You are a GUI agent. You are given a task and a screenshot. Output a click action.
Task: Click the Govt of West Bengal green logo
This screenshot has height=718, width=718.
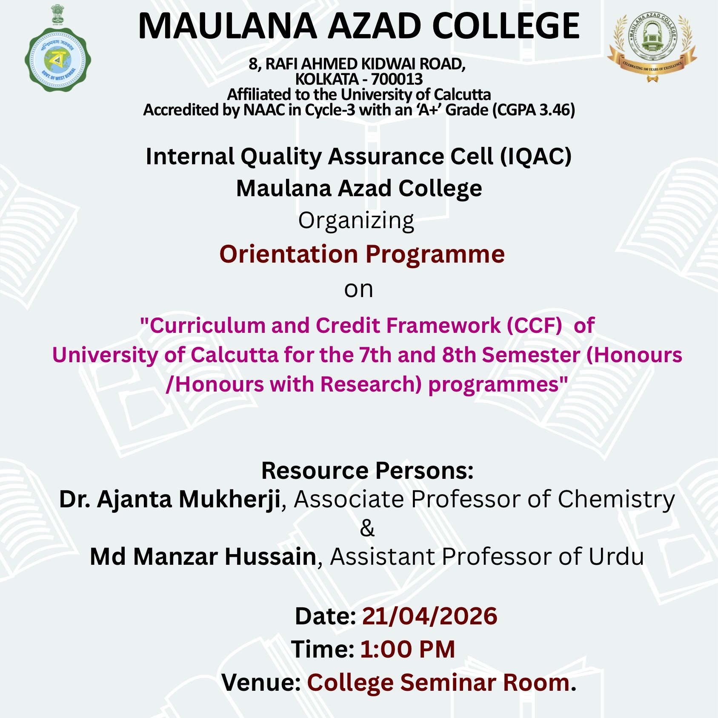point(57,60)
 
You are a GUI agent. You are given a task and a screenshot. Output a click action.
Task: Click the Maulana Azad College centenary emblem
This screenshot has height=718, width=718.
point(652,45)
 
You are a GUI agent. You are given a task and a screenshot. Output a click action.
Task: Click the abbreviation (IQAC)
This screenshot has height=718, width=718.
point(535,156)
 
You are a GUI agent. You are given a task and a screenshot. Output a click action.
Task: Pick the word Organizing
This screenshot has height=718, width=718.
point(356,221)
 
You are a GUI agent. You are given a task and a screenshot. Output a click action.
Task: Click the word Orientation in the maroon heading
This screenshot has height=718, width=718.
point(289,254)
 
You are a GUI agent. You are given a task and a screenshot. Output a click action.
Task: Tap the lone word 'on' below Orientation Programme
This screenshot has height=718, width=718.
point(358,289)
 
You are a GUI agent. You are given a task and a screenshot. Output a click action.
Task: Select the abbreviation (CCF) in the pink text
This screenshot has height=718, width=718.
point(534,326)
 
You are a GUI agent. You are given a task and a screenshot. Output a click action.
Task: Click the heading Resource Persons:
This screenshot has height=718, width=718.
point(367,471)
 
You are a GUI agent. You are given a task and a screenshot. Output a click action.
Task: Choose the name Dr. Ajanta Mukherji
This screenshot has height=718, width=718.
point(169,499)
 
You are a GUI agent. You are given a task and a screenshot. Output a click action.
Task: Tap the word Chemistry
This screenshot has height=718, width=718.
point(616,499)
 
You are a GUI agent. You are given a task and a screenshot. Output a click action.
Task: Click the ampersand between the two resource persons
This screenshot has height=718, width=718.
point(367,528)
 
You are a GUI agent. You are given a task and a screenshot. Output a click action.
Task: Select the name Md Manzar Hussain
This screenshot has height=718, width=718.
point(203,557)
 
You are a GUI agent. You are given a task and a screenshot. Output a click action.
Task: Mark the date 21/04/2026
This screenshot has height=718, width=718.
point(429,616)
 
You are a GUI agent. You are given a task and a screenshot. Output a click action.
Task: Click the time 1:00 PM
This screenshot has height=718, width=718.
point(407,649)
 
